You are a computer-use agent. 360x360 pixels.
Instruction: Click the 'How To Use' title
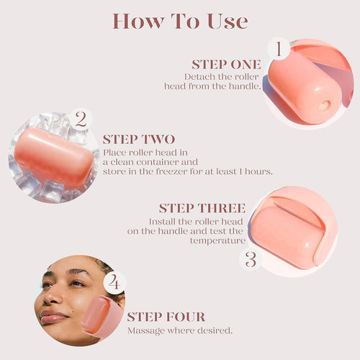[x=179, y=21]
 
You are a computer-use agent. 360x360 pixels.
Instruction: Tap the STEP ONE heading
[x=225, y=64]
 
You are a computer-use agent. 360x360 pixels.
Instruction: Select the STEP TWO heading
[x=138, y=139]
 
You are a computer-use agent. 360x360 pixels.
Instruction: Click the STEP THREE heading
[x=202, y=208]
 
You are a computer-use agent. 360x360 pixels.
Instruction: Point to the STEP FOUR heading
[x=166, y=317]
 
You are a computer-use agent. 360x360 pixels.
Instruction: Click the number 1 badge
[x=277, y=49]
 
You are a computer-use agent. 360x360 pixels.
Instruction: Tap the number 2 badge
[x=81, y=119]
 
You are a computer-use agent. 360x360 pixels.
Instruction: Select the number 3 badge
[x=251, y=258]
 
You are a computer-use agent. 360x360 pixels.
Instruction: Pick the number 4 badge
[x=114, y=282]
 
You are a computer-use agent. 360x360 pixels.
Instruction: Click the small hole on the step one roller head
[x=323, y=105]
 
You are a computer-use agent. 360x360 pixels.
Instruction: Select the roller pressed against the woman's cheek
[x=102, y=317]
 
